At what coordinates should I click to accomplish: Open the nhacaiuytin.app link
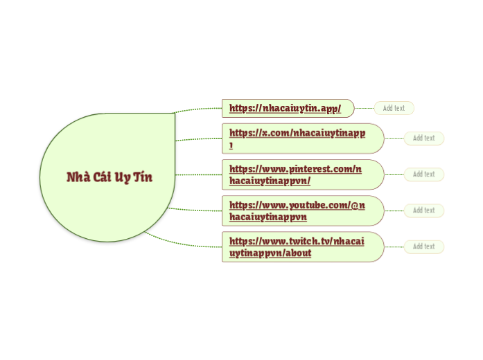coord(285,108)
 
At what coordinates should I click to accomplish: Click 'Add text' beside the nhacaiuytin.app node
coord(394,108)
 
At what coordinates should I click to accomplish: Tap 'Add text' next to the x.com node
coord(423,138)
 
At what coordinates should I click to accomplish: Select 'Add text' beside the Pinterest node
coord(423,174)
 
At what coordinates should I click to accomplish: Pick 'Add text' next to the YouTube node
coord(423,210)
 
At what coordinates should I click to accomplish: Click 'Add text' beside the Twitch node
coord(423,246)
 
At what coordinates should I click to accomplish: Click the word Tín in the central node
coord(143,177)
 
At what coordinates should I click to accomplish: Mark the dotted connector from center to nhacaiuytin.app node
coord(199,109)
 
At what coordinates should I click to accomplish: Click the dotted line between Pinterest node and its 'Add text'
coord(394,174)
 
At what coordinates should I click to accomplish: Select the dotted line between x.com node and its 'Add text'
coord(394,138)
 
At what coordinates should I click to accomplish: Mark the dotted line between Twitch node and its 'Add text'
coord(394,246)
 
